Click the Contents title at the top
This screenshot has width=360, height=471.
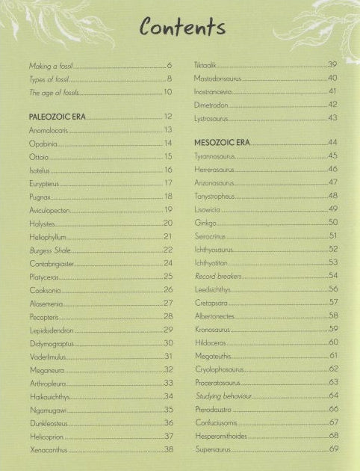181,28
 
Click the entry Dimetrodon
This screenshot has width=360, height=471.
211,105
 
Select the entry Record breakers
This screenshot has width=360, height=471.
219,275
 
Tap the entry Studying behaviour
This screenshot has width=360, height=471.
223,395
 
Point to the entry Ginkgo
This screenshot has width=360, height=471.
204,223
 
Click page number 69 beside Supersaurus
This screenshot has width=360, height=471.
333,449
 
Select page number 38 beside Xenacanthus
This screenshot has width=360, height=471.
168,449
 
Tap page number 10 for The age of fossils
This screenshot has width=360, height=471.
168,93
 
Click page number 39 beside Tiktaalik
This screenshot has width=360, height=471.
333,65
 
